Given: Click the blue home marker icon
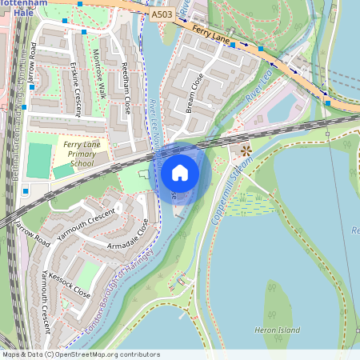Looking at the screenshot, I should click(180, 172).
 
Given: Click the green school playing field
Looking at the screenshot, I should click(38, 160).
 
